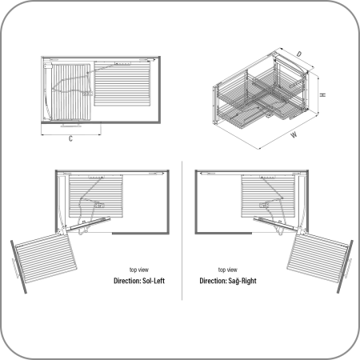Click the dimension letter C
pyautogui.click(x=70, y=138)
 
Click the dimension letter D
pyautogui.click(x=299, y=54)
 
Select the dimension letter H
pyautogui.click(x=323, y=94)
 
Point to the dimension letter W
pyautogui.click(x=294, y=134)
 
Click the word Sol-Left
pyautogui.click(x=154, y=281)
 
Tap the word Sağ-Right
pyautogui.click(x=242, y=281)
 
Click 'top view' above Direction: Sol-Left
pyautogui.click(x=139, y=270)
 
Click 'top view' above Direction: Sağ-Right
pyautogui.click(x=228, y=270)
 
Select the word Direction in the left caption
pyautogui.click(x=127, y=281)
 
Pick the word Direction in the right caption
pyautogui.click(x=213, y=281)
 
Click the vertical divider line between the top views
pyautogui.click(x=182, y=230)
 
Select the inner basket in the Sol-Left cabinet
pyautogui.click(x=96, y=196)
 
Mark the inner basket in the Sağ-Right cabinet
pyautogui.click(x=268, y=196)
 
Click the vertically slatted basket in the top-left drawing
pyautogui.click(x=70, y=92)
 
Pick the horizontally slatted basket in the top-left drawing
pyautogui.click(x=122, y=84)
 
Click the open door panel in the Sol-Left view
pyautogui.click(x=18, y=267)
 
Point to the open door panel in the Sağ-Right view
pyautogui.click(x=345, y=266)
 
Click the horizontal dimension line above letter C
pyautogui.click(x=71, y=134)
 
